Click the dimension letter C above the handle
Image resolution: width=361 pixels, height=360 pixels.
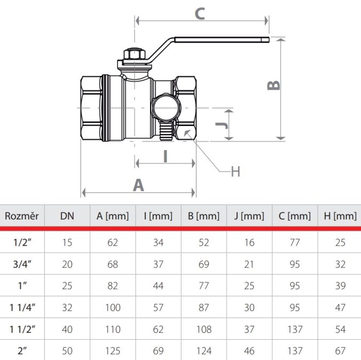[200, 13]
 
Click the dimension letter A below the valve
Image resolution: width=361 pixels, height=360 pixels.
[138, 185]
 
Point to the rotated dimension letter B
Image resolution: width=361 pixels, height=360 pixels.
[273, 85]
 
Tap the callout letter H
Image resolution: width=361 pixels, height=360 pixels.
[236, 171]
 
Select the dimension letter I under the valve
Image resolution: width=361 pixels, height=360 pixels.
[166, 156]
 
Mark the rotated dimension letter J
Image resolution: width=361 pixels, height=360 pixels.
[222, 126]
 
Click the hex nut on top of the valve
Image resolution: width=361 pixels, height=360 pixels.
[135, 54]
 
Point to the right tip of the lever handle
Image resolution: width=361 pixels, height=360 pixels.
[269, 40]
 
